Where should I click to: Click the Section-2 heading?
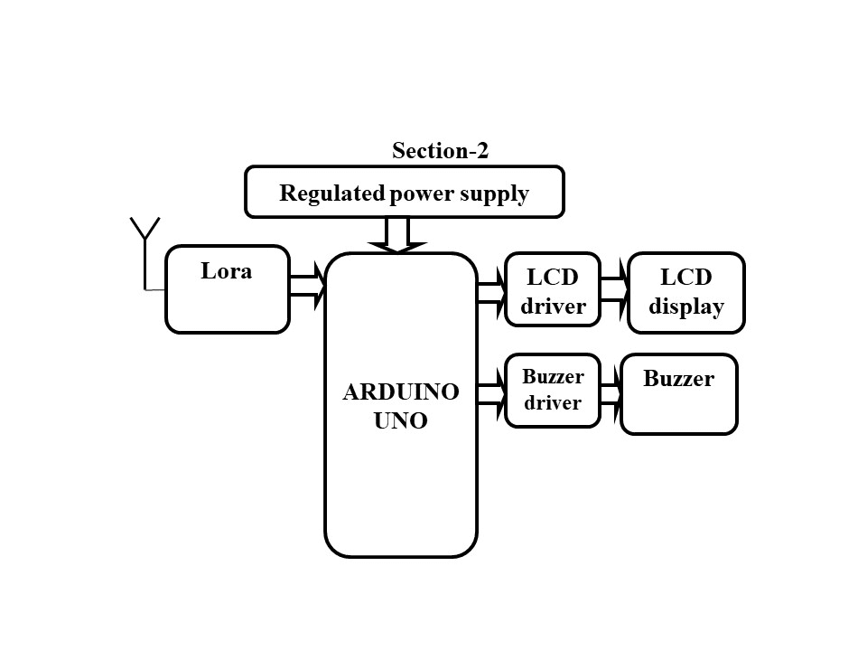click(x=440, y=151)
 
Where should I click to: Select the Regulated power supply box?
click(x=405, y=192)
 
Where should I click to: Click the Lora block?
click(x=228, y=289)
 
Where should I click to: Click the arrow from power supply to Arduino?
click(x=397, y=234)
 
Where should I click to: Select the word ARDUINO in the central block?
click(x=400, y=392)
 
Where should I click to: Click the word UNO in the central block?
click(x=400, y=420)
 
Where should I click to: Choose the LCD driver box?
click(x=553, y=289)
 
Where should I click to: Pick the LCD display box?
click(x=686, y=291)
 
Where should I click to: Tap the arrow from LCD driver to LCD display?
click(x=614, y=289)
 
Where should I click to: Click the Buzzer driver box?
click(x=553, y=391)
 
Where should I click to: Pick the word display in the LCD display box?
click(x=686, y=307)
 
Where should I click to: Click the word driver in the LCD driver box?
click(x=553, y=307)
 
